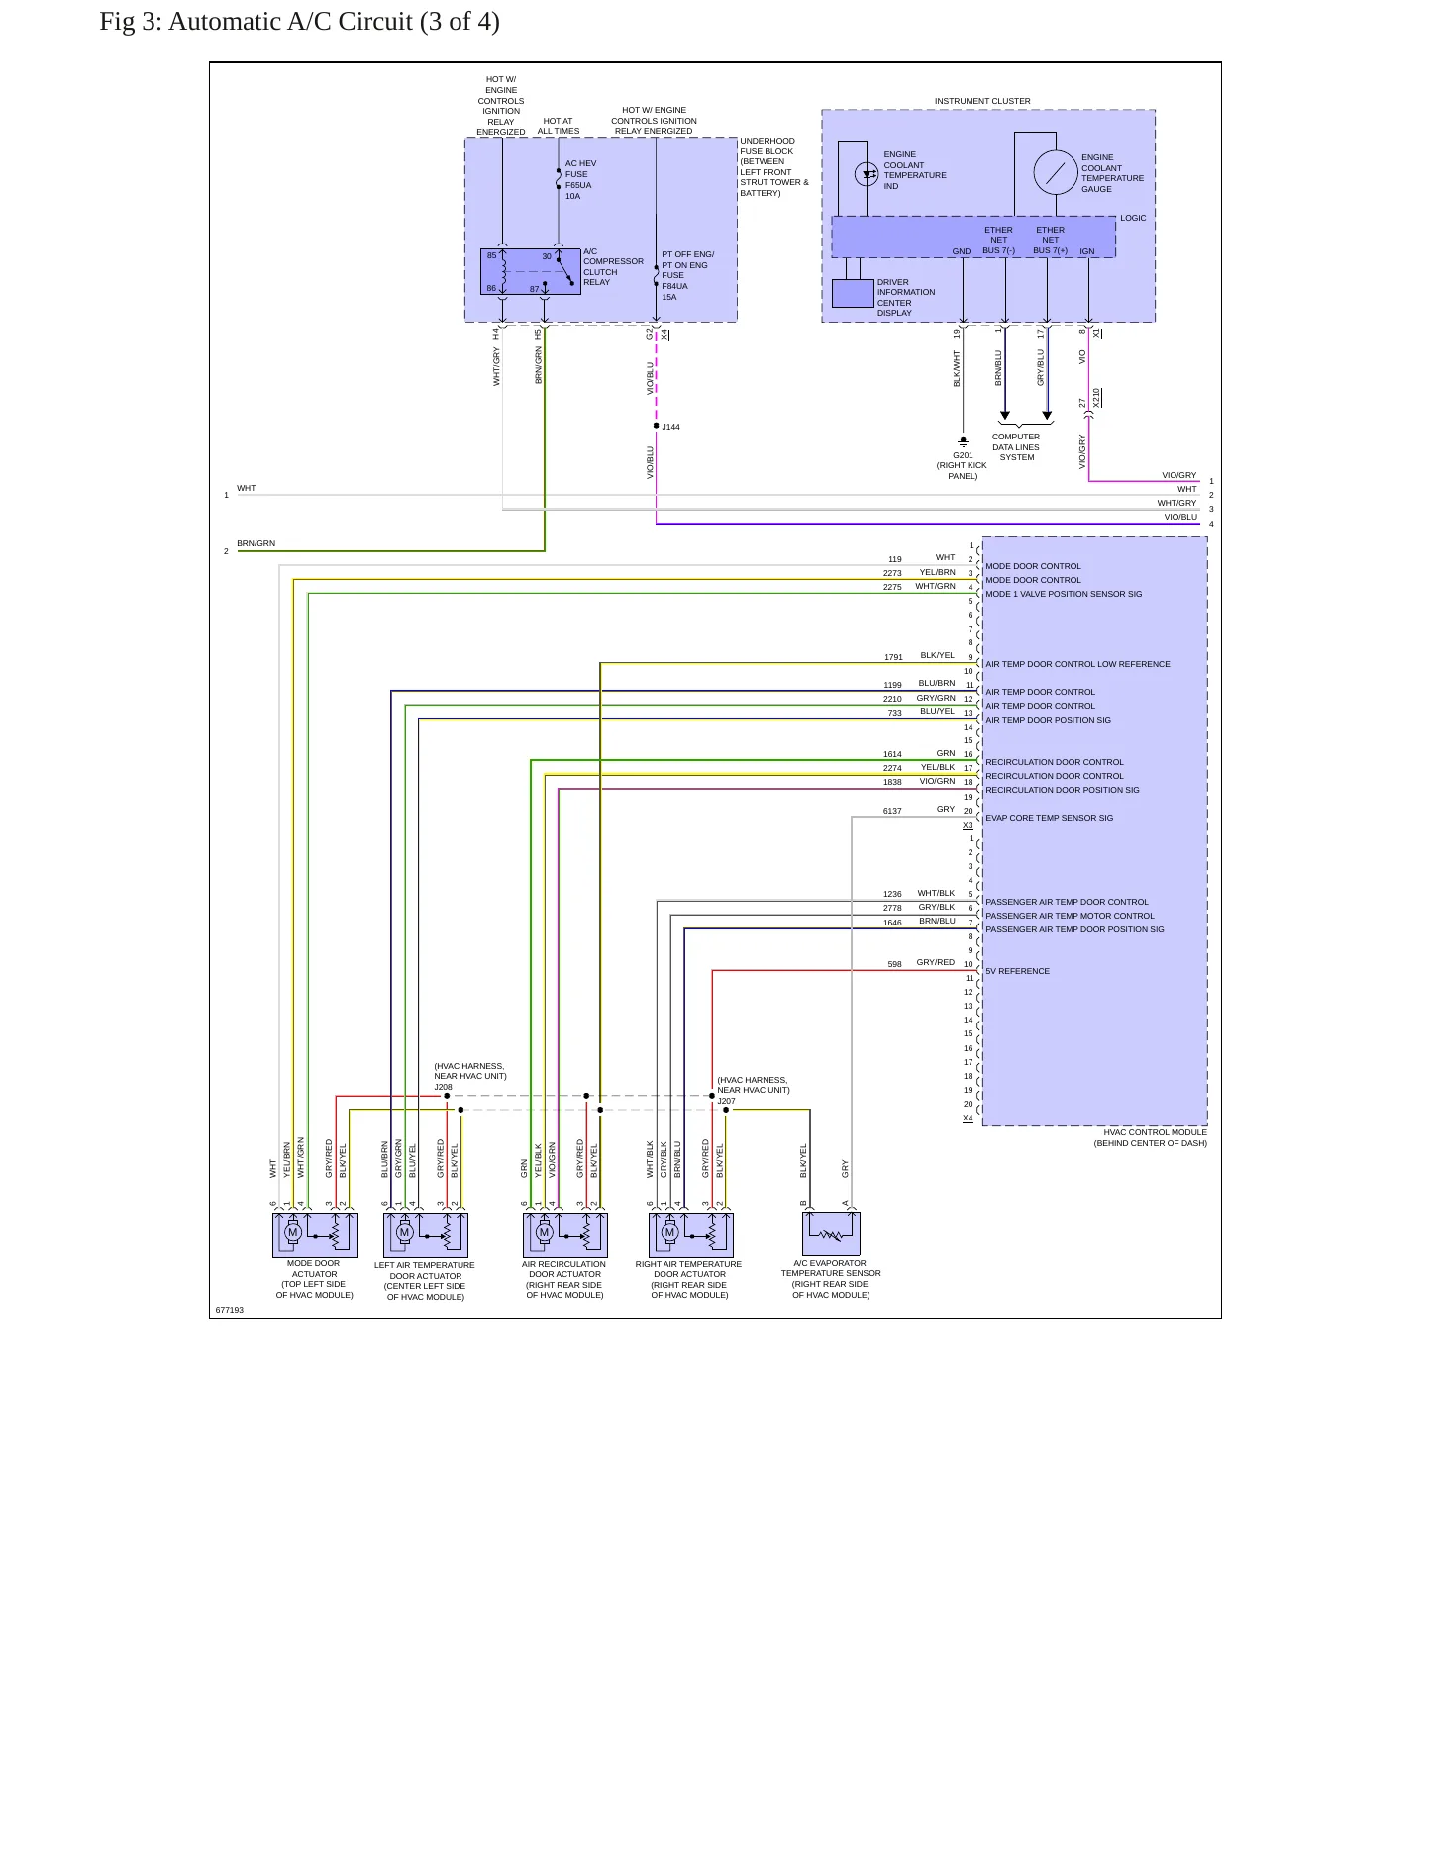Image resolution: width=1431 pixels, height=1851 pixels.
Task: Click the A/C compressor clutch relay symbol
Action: pos(531,271)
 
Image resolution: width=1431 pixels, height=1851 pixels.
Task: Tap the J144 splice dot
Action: pos(656,426)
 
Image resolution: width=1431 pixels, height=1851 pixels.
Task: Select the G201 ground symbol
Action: pos(963,440)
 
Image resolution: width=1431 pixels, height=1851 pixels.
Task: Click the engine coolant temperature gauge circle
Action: pos(1056,172)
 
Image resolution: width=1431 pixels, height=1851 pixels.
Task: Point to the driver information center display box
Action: pos(853,294)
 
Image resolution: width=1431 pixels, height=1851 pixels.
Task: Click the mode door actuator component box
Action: pos(315,1235)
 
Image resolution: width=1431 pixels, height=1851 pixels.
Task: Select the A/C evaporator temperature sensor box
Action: pos(831,1233)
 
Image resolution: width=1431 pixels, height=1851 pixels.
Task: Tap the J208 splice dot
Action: pos(447,1096)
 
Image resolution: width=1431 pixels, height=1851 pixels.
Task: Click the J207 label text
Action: pos(727,1101)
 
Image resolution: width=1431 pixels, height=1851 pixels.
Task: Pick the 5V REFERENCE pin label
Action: pos(1017,971)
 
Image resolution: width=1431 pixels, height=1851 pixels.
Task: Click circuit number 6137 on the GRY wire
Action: pos(892,811)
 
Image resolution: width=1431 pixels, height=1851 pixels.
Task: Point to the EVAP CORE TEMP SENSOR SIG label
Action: pos(1049,818)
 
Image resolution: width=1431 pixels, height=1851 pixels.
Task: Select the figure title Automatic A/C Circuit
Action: pos(299,22)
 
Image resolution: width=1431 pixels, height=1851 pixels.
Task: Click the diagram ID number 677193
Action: pos(230,1310)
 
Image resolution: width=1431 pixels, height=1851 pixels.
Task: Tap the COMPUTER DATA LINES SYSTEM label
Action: pos(1016,447)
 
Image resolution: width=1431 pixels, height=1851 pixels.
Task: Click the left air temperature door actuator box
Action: pos(426,1235)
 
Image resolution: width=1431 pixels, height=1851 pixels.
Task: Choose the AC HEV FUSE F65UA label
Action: pos(580,179)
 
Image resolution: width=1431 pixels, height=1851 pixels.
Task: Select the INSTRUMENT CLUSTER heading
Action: pos(982,101)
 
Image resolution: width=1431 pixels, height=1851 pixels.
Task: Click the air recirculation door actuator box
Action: pos(565,1235)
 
